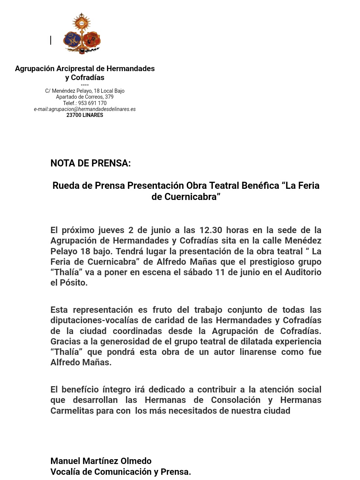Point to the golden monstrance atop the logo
coord(82,23)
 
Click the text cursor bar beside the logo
coord(51,40)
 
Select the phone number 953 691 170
coord(92,103)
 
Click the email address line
coord(85,109)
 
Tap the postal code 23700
coord(73,115)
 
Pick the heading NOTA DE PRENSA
coord(91,163)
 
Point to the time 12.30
coord(211,230)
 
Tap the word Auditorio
coord(303,272)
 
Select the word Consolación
coord(236,400)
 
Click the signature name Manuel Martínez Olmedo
coord(101,461)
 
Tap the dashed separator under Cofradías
coord(85,85)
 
